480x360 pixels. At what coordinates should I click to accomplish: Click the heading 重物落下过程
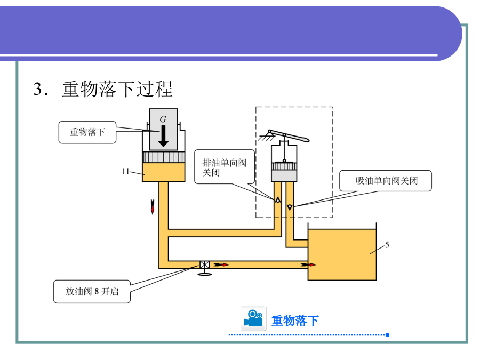click(117, 89)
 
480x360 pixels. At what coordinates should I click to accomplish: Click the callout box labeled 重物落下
click(88, 132)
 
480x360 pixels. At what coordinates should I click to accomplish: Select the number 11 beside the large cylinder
click(126, 171)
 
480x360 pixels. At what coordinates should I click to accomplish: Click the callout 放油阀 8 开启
click(92, 292)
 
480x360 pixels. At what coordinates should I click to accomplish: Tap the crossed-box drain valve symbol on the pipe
click(204, 265)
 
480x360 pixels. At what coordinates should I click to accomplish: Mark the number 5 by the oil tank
click(387, 245)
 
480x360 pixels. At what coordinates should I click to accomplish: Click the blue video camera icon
click(253, 319)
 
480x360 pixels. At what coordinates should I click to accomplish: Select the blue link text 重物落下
click(295, 321)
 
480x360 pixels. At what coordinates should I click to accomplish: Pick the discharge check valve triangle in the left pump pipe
click(278, 201)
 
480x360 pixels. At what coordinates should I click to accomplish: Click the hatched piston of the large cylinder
click(163, 157)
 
